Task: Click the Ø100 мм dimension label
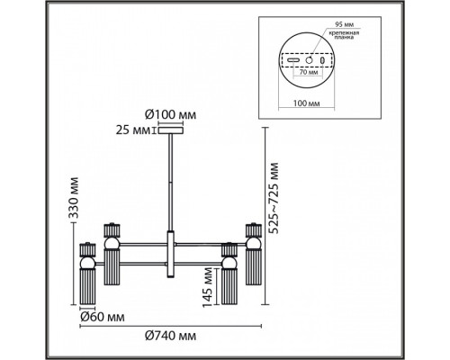(170, 114)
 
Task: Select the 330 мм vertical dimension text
(73, 198)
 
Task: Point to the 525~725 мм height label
(274, 198)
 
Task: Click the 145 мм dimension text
(208, 287)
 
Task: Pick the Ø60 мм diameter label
(103, 317)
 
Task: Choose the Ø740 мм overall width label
(170, 336)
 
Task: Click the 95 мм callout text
(340, 24)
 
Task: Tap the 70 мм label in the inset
(307, 72)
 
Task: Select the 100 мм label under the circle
(306, 103)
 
